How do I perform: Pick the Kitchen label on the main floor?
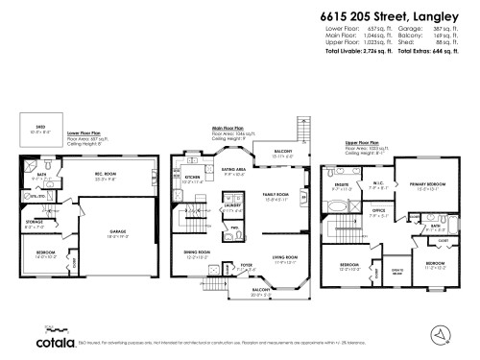point(191,177)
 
